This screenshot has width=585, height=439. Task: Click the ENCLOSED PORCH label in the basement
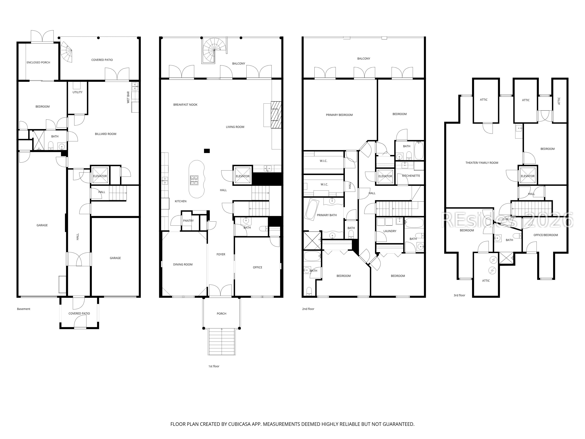[38, 62]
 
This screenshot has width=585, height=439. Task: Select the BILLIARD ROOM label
[106, 134]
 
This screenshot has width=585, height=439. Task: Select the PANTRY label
[188, 221]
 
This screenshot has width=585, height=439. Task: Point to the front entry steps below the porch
[222, 341]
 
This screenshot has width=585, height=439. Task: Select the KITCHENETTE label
[411, 176]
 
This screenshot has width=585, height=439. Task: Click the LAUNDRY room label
[390, 231]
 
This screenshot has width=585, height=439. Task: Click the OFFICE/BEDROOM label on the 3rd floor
[546, 235]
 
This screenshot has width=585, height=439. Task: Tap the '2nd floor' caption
[308, 309]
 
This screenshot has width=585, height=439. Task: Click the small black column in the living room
[207, 151]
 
